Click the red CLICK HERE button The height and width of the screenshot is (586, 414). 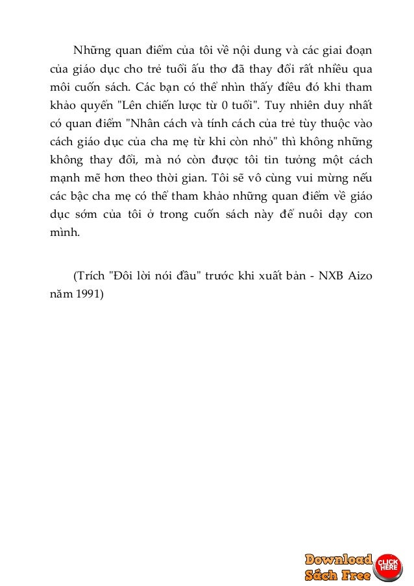click(387, 564)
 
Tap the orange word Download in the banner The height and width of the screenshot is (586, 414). click(338, 559)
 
